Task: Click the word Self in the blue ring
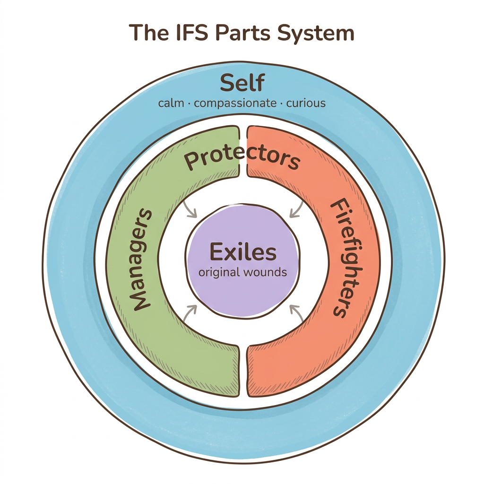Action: pyautogui.click(x=242, y=84)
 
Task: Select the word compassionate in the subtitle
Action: pyautogui.click(x=235, y=103)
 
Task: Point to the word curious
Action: pyautogui.click(x=306, y=103)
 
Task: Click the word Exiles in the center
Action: pyautogui.click(x=242, y=252)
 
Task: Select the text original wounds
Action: pyautogui.click(x=242, y=273)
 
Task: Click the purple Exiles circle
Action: pyautogui.click(x=242, y=293)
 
